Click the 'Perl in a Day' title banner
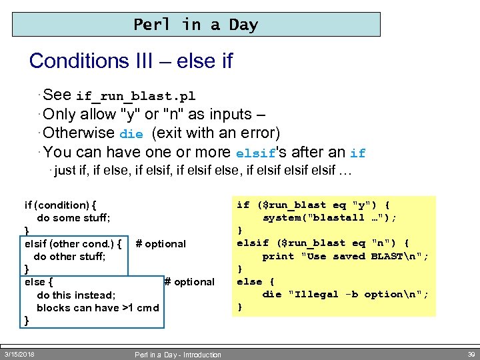(x=196, y=25)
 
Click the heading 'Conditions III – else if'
(x=131, y=61)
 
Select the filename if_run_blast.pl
(x=135, y=97)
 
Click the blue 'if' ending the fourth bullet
(x=357, y=153)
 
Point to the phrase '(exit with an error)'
(x=216, y=132)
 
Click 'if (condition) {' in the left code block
(x=60, y=205)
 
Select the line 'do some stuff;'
(x=73, y=218)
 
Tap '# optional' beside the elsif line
(x=161, y=243)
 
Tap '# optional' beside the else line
(x=189, y=281)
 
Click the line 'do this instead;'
(x=76, y=295)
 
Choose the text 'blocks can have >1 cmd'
(x=97, y=307)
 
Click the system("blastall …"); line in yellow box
(x=329, y=218)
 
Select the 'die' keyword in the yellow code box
(x=272, y=294)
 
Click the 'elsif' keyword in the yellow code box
(x=253, y=243)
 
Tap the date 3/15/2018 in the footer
(x=19, y=354)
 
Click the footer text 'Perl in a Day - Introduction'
(x=177, y=355)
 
